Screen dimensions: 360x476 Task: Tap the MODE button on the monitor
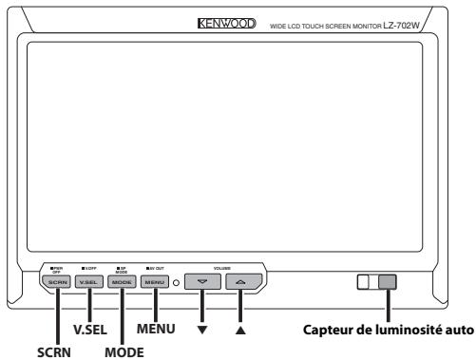(121, 283)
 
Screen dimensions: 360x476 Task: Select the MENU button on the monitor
(155, 283)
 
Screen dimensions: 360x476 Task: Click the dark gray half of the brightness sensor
(388, 283)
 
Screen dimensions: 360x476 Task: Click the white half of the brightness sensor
(371, 283)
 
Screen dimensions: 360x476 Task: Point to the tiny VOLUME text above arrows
(221, 269)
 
